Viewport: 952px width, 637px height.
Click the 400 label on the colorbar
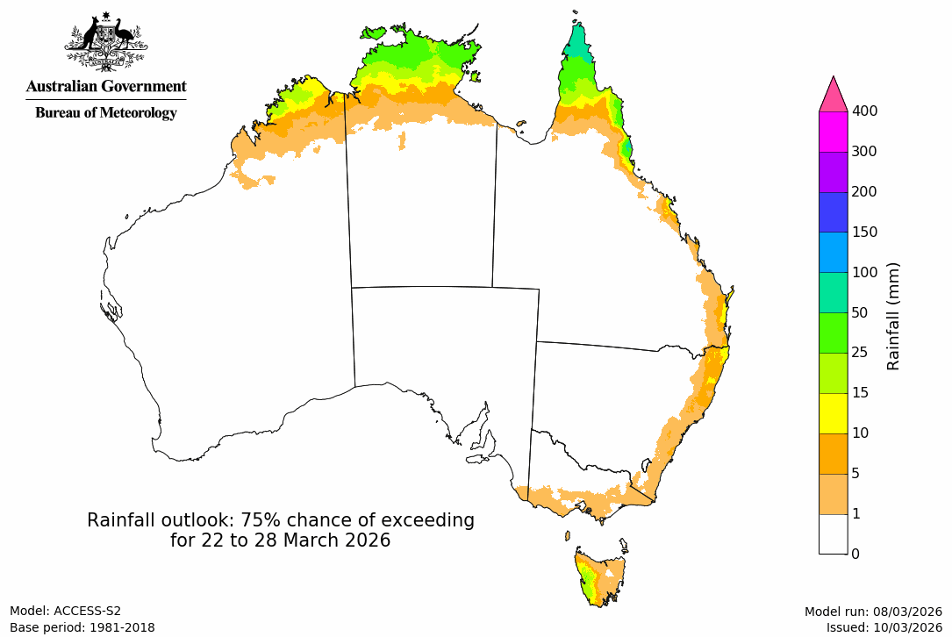(x=864, y=111)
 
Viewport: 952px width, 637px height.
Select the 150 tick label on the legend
(x=864, y=232)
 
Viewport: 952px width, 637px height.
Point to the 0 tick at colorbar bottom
(x=855, y=553)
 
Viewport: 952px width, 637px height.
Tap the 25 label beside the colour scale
(x=861, y=353)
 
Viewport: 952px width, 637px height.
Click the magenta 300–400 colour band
(x=833, y=132)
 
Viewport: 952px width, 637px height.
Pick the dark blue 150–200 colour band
(x=833, y=211)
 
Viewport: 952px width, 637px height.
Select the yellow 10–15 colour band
(x=833, y=413)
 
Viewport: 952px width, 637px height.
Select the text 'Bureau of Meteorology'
(x=106, y=112)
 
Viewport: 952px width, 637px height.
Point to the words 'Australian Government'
(x=106, y=86)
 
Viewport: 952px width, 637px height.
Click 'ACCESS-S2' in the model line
(x=87, y=611)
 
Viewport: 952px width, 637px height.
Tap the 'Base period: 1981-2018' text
(x=82, y=627)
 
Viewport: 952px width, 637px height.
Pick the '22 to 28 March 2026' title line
(x=281, y=540)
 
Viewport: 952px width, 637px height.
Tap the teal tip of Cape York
(x=577, y=44)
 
